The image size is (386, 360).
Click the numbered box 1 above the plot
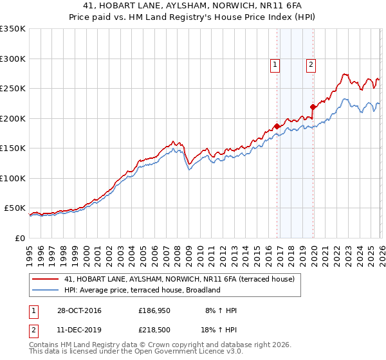click(275, 64)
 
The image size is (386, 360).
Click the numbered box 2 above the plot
click(311, 64)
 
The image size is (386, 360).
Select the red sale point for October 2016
click(277, 126)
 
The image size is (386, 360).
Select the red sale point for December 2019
click(313, 107)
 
